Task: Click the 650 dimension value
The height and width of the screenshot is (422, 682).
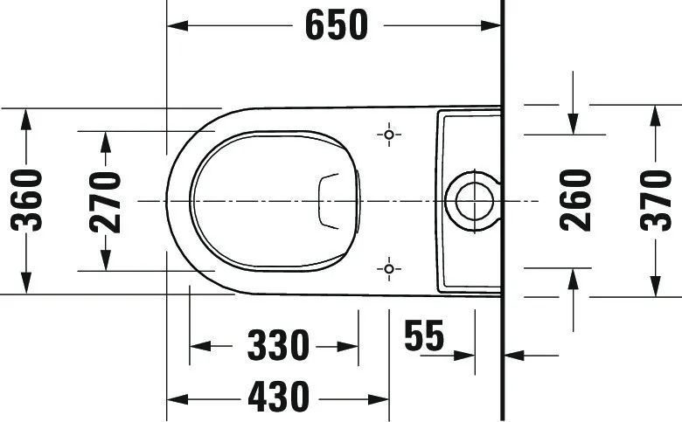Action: pos(337,25)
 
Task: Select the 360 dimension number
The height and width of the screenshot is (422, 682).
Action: pos(27,201)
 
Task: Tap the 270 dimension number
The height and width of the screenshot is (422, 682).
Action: pos(106,203)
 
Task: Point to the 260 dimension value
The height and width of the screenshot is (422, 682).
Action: pos(575,200)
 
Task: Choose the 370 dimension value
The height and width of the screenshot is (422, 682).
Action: pos(656,200)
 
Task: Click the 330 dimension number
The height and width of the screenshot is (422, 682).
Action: pos(278,346)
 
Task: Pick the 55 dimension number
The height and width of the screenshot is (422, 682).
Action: pos(424,336)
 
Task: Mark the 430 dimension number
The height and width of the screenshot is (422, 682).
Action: pos(278,397)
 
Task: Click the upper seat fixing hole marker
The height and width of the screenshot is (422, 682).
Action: pos(389,135)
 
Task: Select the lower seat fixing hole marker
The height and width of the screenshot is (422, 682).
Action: pos(389,269)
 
